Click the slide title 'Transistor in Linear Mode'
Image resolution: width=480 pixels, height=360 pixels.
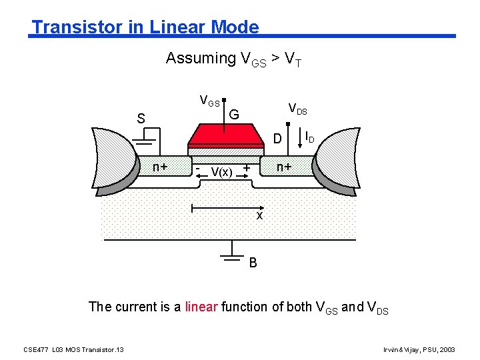point(145,27)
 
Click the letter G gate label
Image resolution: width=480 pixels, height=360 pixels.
point(234,114)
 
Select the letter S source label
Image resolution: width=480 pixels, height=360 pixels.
point(141,119)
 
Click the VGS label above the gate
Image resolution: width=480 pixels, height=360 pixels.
point(210,101)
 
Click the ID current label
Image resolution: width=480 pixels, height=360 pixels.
point(309,137)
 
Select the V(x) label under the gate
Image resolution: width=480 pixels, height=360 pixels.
point(221,172)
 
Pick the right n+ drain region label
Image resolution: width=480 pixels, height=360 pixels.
point(284,167)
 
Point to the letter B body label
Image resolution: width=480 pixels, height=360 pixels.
point(253,262)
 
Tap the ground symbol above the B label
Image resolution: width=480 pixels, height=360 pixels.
point(231,248)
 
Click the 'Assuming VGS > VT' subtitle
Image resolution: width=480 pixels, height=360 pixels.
point(234,59)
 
